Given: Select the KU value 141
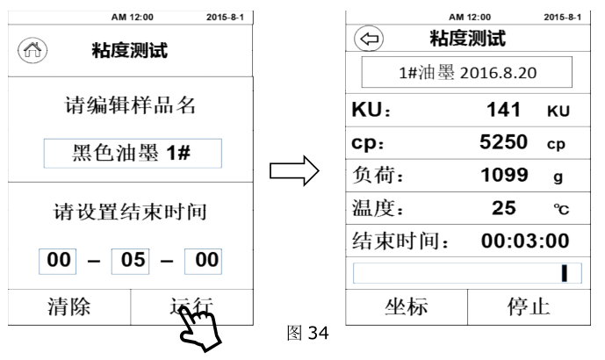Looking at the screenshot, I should tap(501, 112).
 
